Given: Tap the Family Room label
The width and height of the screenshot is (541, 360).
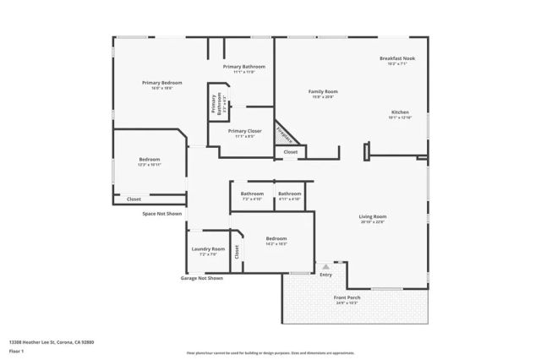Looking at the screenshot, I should [x=322, y=91].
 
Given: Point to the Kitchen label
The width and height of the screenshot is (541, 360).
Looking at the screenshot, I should [x=399, y=112].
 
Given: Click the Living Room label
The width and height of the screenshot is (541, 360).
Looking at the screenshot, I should [x=373, y=216].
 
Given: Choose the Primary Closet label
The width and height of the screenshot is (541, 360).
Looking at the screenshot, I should [x=244, y=131].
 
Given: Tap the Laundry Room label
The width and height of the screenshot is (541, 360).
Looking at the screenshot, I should [x=208, y=248].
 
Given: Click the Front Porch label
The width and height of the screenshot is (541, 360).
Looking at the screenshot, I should [x=347, y=298].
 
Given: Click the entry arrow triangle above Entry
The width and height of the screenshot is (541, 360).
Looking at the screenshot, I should [x=325, y=266].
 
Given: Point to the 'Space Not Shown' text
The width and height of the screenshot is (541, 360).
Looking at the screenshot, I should [x=161, y=214].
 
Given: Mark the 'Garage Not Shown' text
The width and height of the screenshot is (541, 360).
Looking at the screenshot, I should [x=202, y=278].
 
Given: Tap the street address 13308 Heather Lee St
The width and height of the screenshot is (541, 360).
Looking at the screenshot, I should [x=52, y=341].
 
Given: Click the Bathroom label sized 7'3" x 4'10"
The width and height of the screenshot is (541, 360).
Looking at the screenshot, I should [x=253, y=194].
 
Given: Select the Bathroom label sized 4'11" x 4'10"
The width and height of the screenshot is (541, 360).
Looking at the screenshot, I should [x=290, y=194].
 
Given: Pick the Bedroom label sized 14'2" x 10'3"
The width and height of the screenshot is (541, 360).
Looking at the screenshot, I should [x=276, y=238].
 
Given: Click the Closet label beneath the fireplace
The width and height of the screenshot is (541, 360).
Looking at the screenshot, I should [x=290, y=152].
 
